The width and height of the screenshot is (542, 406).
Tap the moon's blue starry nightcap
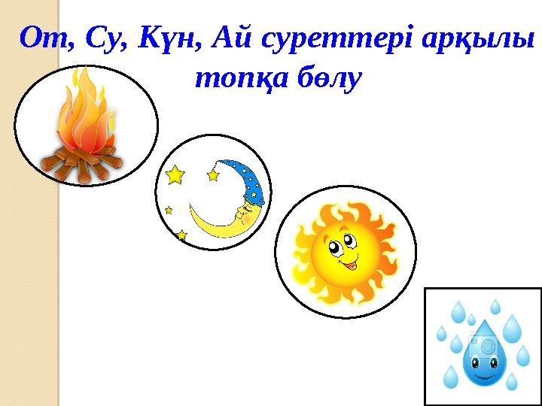pos(248,180)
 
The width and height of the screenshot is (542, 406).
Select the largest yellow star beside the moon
pos(175,175)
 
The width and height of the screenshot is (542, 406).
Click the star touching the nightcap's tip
pos(213,174)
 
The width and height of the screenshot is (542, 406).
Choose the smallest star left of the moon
pos(169,210)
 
